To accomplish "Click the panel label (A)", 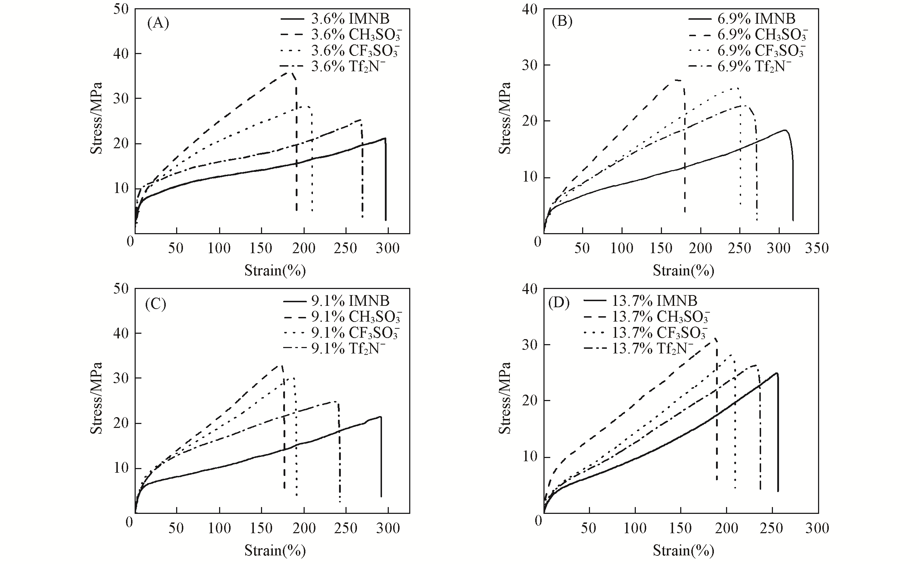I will tap(158, 24).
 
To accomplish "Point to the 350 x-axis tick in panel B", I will tap(817, 248).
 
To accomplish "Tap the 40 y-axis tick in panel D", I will tap(529, 289).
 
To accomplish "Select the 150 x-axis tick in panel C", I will tap(261, 528).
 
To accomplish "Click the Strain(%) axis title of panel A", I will tap(275, 270).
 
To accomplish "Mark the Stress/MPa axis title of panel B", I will tap(505, 118).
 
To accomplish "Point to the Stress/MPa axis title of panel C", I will tap(96, 398).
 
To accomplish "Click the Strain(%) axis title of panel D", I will tap(683, 550).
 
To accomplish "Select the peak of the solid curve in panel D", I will tap(777, 373).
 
